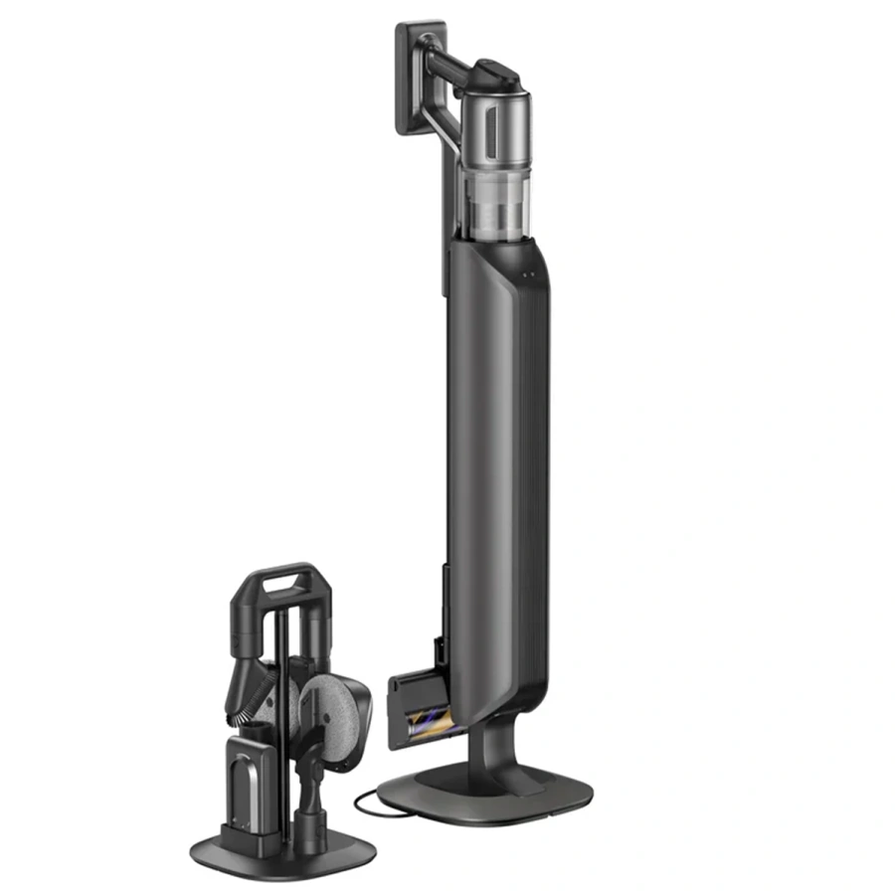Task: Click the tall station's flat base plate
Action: pos(496,796)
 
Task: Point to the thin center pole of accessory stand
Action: pos(281,696)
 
